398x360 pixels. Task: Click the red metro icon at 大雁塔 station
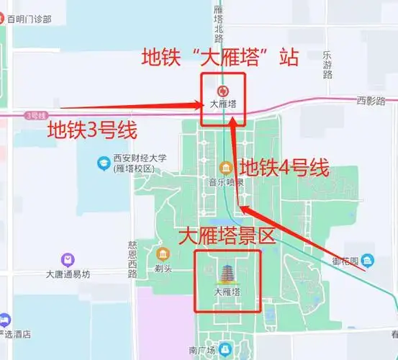(x=223, y=91)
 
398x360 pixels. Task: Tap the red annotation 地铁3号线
(x=91, y=130)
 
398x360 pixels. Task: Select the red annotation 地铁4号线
(x=284, y=168)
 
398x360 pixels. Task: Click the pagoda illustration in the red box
(x=227, y=274)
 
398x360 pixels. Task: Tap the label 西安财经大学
(x=140, y=158)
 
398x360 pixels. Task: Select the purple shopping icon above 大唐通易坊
(x=68, y=259)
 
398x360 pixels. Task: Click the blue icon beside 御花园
(x=368, y=260)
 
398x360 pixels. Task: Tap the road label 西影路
(x=371, y=102)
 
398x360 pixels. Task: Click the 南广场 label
(x=202, y=350)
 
